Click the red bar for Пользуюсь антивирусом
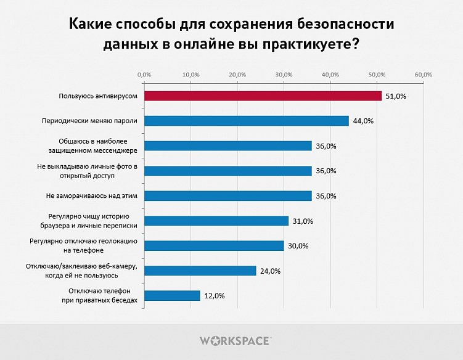263,96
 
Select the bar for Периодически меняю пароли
246,121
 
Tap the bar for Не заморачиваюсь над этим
227,195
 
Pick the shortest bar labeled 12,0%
171,295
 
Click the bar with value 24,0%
200,271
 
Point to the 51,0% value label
395,96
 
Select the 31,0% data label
302,221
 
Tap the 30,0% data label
297,246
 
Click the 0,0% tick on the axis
144,75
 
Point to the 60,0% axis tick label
423,75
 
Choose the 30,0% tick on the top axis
284,75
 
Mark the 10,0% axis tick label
191,75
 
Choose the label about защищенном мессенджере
92,145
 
